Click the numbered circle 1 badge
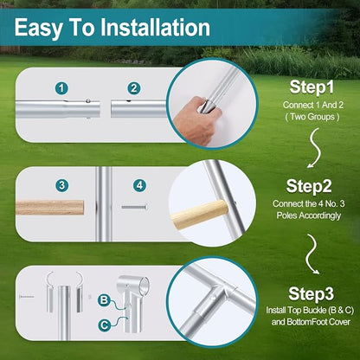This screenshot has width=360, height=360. [61, 88]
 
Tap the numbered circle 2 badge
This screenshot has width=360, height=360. [134, 88]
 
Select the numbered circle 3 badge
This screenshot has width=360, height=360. [62, 185]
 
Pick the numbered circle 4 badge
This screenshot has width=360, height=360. [139, 185]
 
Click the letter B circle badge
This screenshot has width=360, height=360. [104, 300]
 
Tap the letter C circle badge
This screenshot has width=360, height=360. [104, 325]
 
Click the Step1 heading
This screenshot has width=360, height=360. [312, 87]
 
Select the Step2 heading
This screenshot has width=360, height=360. [309, 186]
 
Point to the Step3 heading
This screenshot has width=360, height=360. [311, 294]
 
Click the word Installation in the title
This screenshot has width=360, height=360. [155, 28]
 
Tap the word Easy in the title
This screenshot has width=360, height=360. [39, 29]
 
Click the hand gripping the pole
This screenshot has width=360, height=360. [196, 119]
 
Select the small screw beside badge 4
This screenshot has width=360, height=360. [134, 207]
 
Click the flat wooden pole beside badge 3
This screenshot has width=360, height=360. [49, 208]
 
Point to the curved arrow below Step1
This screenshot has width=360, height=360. [315, 148]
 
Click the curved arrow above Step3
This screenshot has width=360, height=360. [312, 254]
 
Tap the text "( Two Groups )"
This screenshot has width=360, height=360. [312, 117]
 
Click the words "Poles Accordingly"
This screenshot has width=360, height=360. [309, 215]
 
